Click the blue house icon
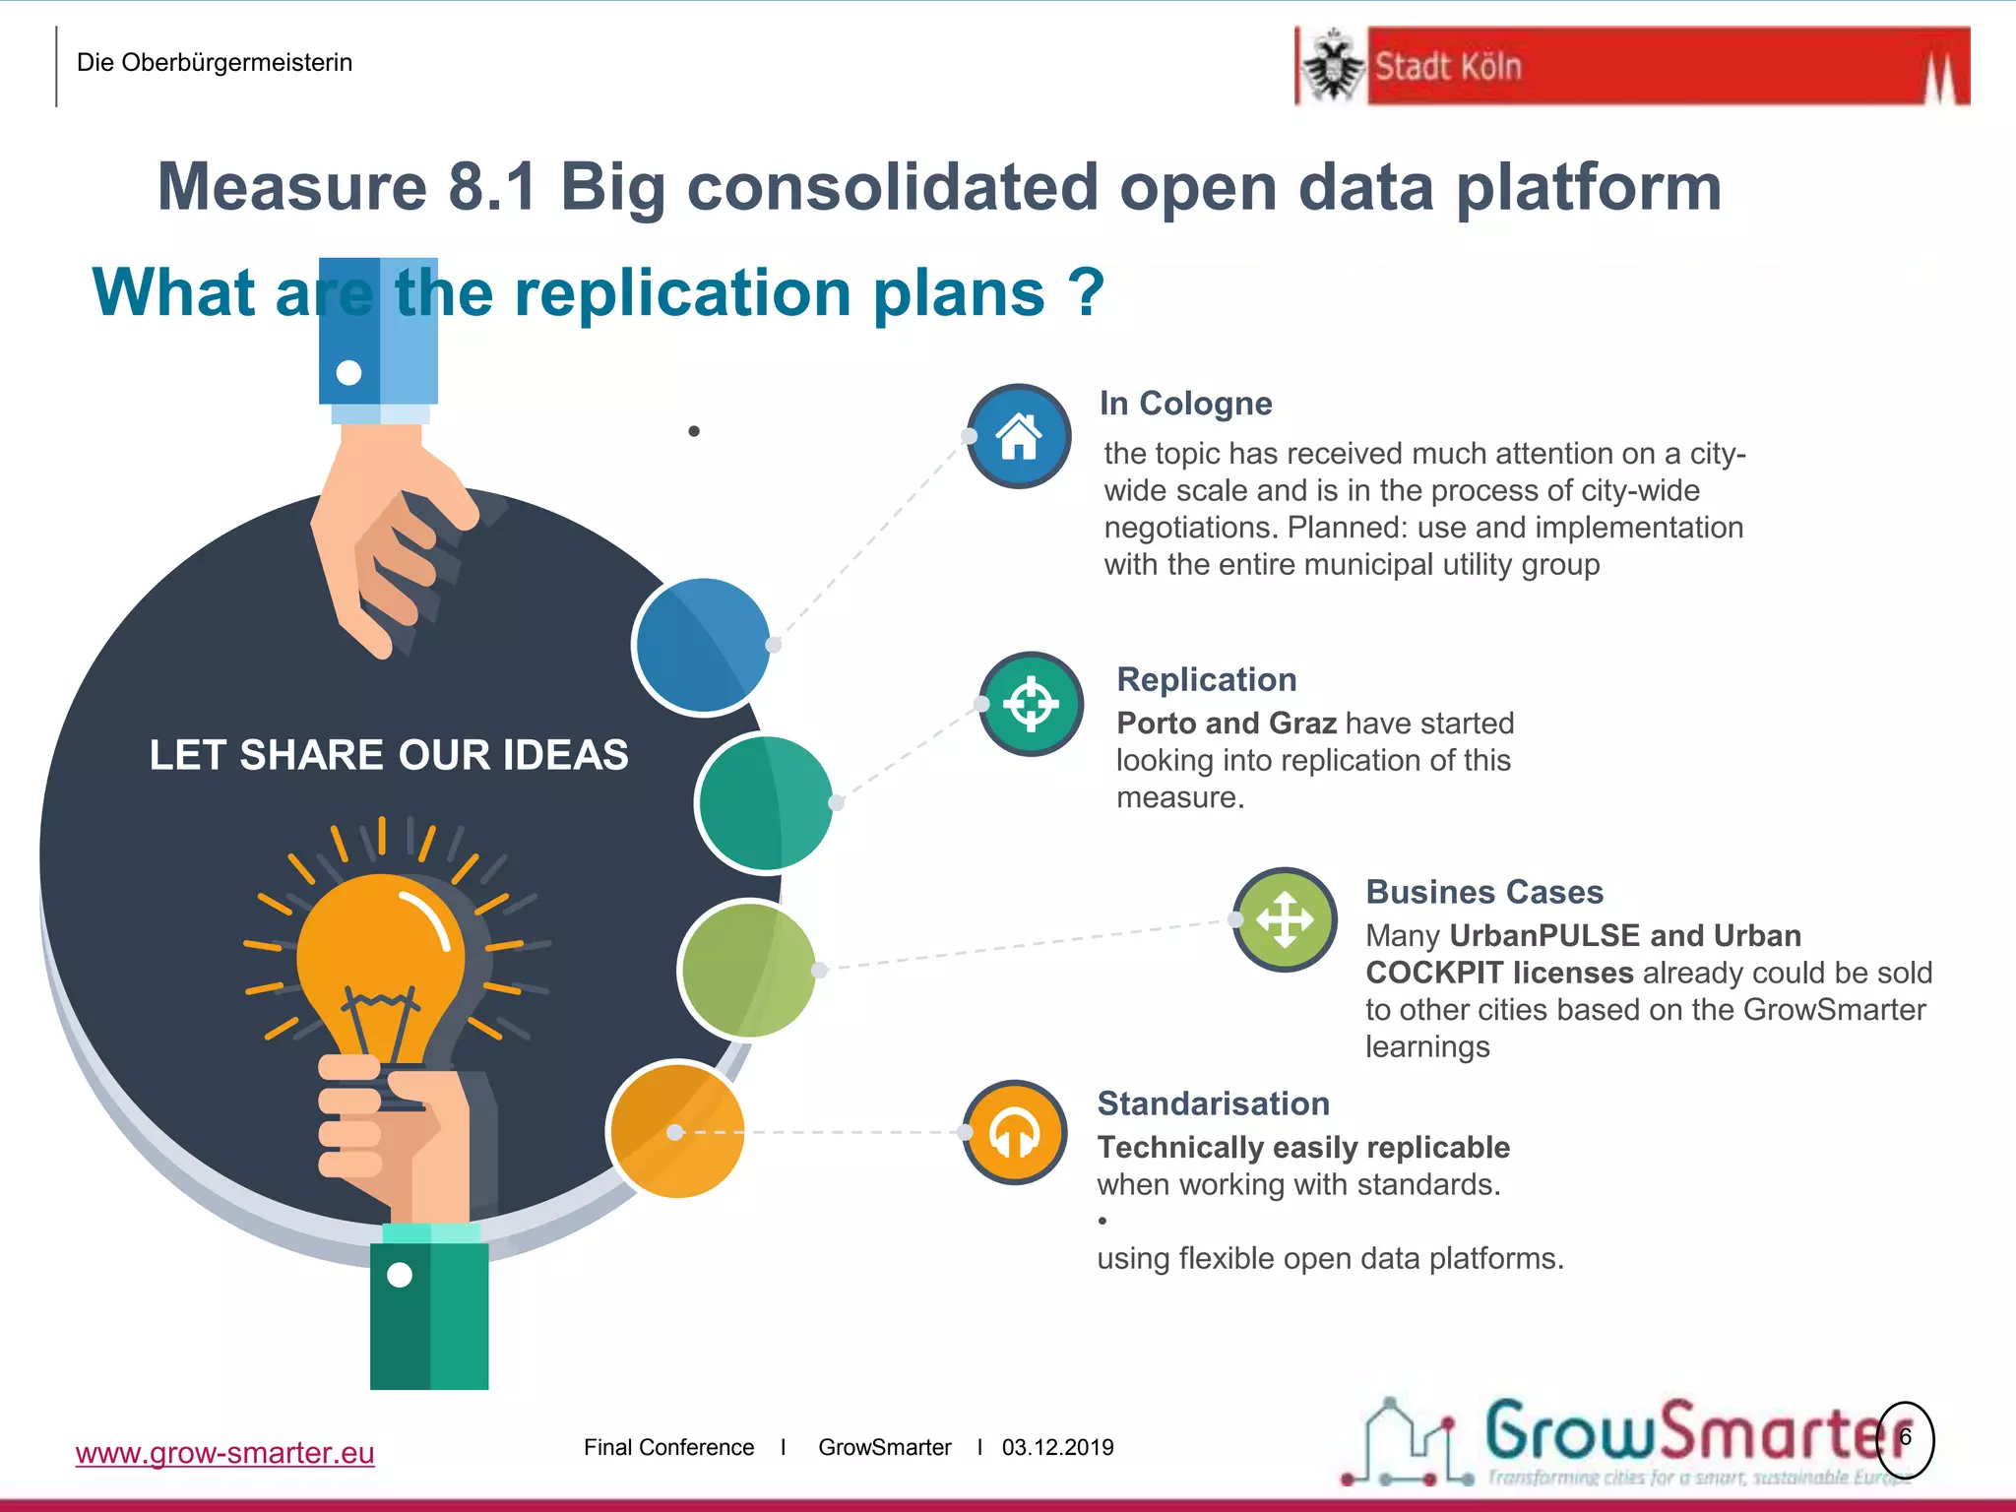click(1019, 436)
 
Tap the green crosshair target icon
click(1031, 704)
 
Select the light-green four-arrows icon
click(1285, 919)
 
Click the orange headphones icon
click(1015, 1133)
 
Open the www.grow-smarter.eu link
click(224, 1453)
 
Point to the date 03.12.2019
click(1057, 1447)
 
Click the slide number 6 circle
click(1906, 1438)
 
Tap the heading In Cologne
click(1185, 404)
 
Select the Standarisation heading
click(1213, 1103)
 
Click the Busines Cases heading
click(1483, 892)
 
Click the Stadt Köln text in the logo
click(1448, 67)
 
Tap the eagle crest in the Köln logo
click(1333, 66)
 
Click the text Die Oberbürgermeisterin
click(215, 63)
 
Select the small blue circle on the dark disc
click(702, 645)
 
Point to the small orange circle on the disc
click(676, 1129)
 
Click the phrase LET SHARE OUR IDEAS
click(389, 755)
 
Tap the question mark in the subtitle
click(1086, 292)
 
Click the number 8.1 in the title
click(492, 187)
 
